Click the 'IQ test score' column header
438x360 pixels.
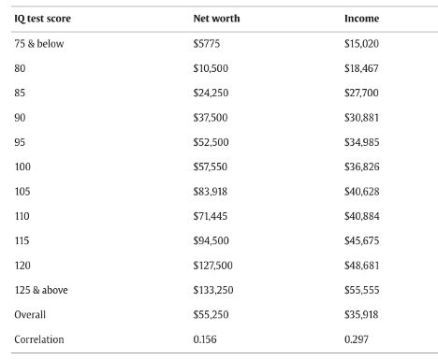[43, 19]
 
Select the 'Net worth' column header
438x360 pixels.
[214, 19]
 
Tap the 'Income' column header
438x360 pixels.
[362, 19]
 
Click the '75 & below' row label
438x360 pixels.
[40, 43]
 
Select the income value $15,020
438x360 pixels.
[362, 43]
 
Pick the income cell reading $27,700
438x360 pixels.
[362, 93]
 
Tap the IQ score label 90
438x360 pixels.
[21, 117]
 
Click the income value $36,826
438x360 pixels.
[362, 166]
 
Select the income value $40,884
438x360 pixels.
[362, 216]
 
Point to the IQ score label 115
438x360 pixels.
[22, 240]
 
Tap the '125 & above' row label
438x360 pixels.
[41, 290]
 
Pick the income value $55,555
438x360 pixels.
[362, 290]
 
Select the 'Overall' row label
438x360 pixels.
[30, 314]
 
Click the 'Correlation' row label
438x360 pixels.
[39, 338]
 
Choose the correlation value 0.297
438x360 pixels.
[357, 338]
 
